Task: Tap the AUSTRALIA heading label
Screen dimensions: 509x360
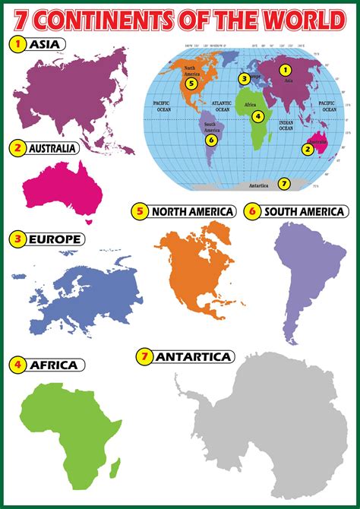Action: point(52,148)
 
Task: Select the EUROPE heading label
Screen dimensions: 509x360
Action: point(55,239)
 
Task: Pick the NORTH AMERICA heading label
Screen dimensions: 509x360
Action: point(192,212)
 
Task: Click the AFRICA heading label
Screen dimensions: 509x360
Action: point(53,365)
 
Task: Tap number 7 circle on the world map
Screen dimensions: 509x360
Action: point(284,183)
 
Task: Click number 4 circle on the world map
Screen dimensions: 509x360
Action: point(258,116)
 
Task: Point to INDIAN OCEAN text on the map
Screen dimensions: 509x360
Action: point(286,127)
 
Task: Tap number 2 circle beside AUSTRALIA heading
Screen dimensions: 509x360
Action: point(16,148)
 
